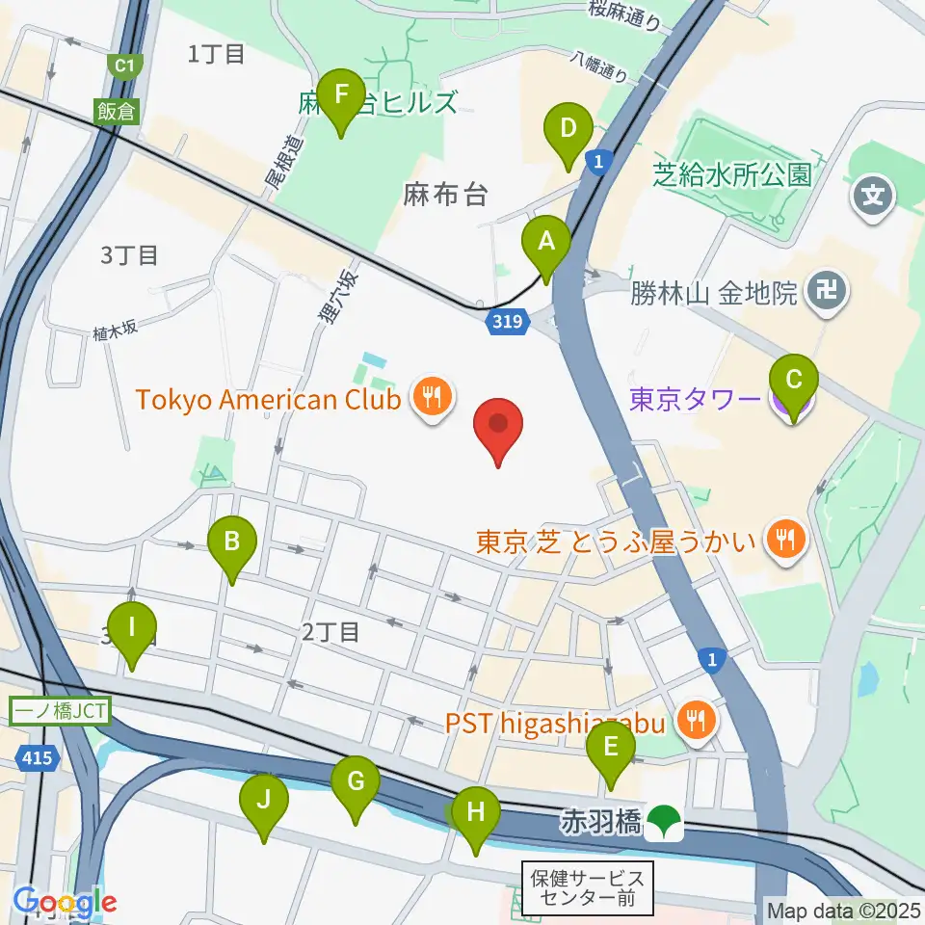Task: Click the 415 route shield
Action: click(x=35, y=759)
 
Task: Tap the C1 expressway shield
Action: click(x=123, y=66)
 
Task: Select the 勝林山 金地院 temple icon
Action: click(x=828, y=289)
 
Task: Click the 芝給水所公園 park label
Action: click(x=732, y=174)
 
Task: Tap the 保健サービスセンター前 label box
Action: click(x=588, y=889)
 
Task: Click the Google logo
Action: click(x=65, y=903)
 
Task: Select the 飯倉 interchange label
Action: click(x=115, y=110)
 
